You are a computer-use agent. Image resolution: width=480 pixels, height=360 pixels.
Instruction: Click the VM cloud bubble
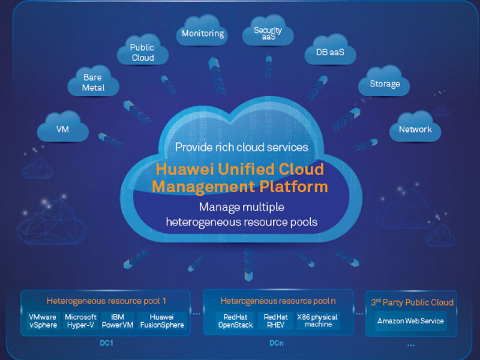coord(62,128)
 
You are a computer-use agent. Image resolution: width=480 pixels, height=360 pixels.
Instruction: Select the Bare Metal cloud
coord(94,83)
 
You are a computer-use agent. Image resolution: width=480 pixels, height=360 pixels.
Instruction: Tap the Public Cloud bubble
coord(142,52)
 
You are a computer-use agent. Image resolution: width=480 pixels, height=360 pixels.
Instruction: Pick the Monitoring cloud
coord(203,34)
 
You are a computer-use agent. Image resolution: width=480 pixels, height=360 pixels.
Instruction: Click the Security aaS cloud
coord(268,33)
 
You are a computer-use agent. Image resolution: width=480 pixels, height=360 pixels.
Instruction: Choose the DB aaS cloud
coord(331,52)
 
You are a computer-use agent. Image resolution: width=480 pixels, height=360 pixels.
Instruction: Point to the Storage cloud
coord(385,84)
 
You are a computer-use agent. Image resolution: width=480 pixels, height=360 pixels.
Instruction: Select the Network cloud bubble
coord(415,129)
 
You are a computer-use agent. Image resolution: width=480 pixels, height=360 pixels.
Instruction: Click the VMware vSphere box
coord(43,321)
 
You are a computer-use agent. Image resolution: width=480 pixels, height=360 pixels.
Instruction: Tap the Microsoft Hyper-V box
coord(80,321)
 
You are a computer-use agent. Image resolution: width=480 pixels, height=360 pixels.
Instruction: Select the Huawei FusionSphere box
coord(161,321)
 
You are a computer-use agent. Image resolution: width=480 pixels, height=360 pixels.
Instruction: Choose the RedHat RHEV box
coord(275,321)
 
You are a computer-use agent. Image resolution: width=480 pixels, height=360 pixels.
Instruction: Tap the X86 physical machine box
coord(317,321)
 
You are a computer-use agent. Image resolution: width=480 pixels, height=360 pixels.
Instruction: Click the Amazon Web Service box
coord(411,321)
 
